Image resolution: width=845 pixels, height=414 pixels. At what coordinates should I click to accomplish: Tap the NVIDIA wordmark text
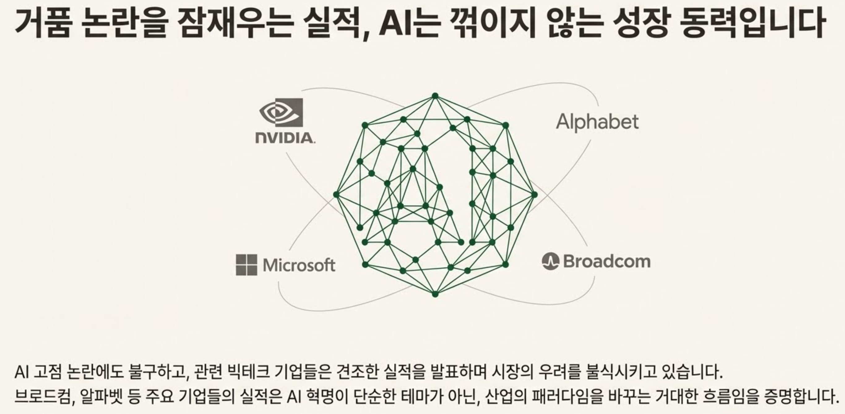click(285, 138)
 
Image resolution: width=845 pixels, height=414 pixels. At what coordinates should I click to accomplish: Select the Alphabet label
click(597, 122)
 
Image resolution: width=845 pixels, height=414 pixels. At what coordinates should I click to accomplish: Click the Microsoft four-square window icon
click(246, 265)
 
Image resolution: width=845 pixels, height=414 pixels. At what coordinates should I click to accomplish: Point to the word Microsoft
click(299, 265)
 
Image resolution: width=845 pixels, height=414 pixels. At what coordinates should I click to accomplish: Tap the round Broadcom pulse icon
click(550, 261)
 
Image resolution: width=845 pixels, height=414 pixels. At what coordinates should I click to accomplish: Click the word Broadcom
click(606, 261)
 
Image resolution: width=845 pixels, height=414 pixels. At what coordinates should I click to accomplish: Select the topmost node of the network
click(435, 96)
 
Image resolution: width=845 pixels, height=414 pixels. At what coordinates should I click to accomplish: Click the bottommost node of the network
click(435, 294)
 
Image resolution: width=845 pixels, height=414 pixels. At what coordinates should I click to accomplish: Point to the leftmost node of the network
click(336, 195)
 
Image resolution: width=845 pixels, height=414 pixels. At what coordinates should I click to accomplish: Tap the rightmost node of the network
click(534, 195)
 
